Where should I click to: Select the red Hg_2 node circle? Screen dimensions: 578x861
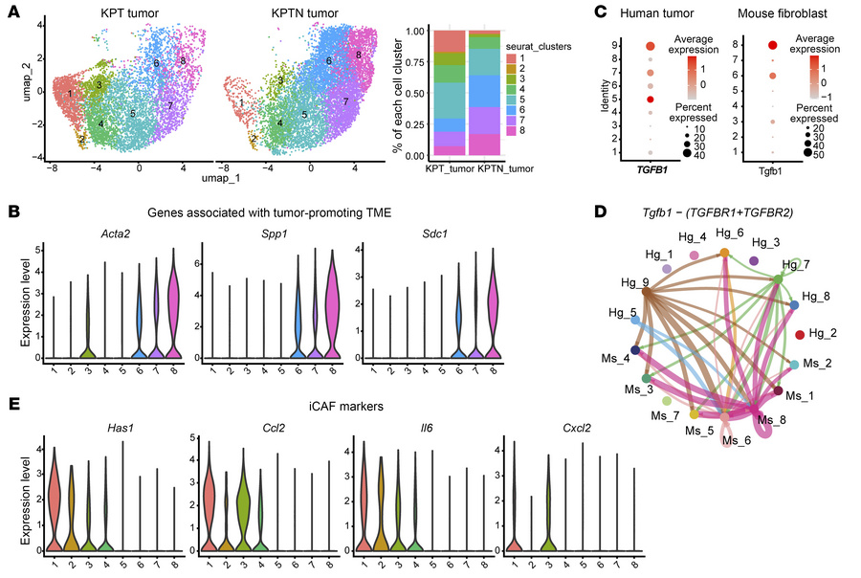pyautogui.click(x=799, y=334)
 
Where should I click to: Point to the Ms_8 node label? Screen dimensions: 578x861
pyautogui.click(x=769, y=420)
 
